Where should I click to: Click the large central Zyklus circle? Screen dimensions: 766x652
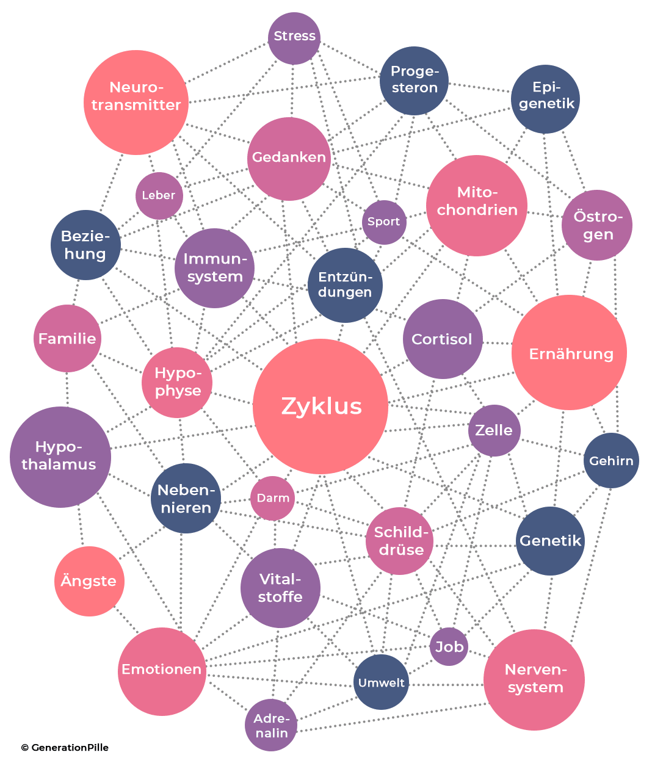click(x=321, y=406)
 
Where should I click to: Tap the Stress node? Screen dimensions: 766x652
click(x=294, y=37)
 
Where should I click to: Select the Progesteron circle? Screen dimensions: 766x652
click(x=415, y=81)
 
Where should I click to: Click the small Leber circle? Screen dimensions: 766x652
click(x=159, y=196)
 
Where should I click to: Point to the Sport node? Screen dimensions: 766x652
click(x=384, y=222)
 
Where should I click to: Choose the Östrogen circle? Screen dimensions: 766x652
click(x=596, y=225)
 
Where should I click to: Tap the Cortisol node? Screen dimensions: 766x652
click(x=443, y=339)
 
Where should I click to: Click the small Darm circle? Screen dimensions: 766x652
click(x=273, y=498)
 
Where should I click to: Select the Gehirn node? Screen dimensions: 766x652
click(x=611, y=461)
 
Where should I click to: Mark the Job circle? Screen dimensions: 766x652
click(x=449, y=646)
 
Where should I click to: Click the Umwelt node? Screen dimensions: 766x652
click(x=381, y=682)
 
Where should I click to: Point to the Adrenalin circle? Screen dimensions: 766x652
click(x=271, y=725)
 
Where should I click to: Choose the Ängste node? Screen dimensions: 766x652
click(x=89, y=581)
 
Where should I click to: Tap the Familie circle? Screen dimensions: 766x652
click(x=67, y=339)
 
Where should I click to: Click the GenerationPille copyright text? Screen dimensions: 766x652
click(x=65, y=747)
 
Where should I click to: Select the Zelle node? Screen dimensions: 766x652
click(x=494, y=430)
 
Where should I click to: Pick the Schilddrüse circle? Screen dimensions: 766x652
click(x=400, y=541)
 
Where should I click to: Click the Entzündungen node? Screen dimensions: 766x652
click(x=345, y=285)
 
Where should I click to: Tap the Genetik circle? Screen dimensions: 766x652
click(x=550, y=541)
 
